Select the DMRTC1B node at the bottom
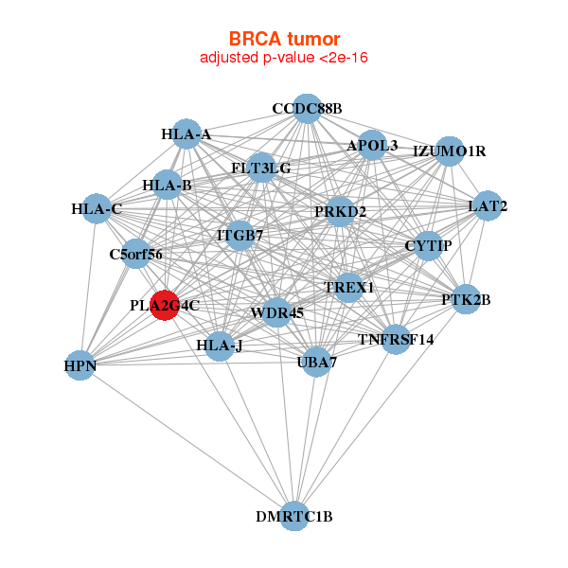click(x=294, y=515)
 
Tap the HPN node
click(x=80, y=364)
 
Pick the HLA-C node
click(x=97, y=208)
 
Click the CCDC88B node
click(x=306, y=109)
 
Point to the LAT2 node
click(x=487, y=205)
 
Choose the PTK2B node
click(x=466, y=299)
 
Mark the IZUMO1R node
click(x=449, y=151)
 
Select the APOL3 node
click(x=373, y=146)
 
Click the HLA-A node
click(x=186, y=134)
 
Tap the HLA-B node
click(x=168, y=185)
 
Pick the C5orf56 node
click(x=137, y=254)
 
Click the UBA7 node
click(x=317, y=361)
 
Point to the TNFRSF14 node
click(x=397, y=338)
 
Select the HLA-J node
click(x=220, y=345)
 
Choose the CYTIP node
click(x=428, y=246)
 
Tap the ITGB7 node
click(x=240, y=234)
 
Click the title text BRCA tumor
click(x=284, y=40)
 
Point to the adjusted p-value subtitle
click(x=284, y=58)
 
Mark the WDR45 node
click(x=276, y=312)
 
